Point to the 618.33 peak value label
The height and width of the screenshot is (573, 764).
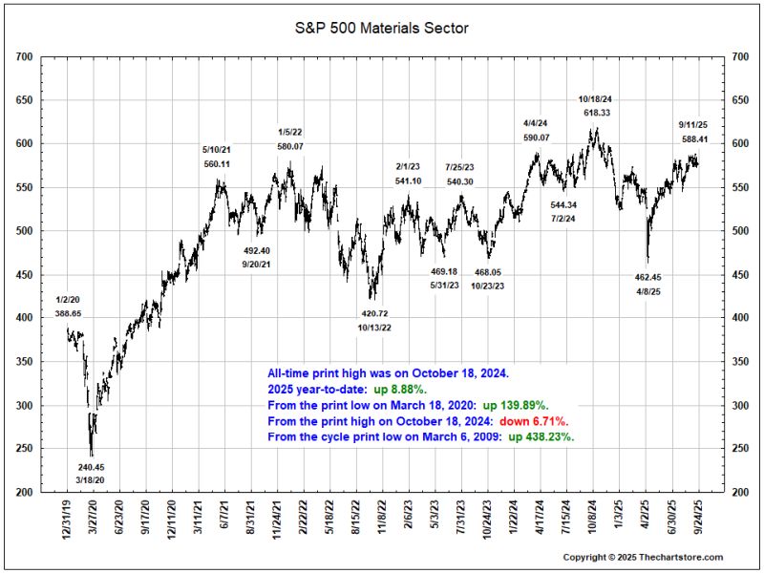pos(597,113)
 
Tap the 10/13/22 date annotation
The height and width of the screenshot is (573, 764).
pos(374,328)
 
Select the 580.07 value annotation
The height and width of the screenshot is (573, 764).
pos(290,146)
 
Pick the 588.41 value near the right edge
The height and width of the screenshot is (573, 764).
pos(694,138)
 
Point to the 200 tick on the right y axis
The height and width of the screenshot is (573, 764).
pos(740,493)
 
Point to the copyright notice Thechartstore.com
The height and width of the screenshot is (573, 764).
pos(643,557)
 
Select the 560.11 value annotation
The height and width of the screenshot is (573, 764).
pos(217,164)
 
